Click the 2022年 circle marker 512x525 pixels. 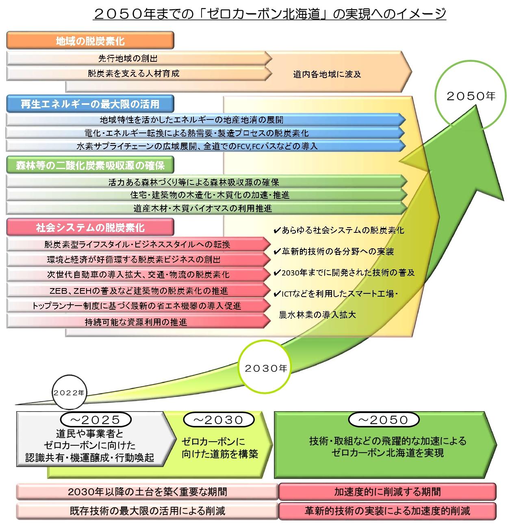[69, 393]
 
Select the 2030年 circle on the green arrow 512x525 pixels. [265, 367]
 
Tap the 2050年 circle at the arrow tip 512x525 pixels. [471, 96]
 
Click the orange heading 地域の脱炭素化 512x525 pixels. [90, 41]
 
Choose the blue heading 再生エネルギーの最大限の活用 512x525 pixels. [90, 104]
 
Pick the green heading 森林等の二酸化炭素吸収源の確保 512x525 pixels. [90, 165]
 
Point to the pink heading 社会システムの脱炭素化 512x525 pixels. [90, 227]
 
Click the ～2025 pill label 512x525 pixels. [96, 420]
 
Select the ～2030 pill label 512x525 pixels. [219, 420]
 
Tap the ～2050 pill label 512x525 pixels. [384, 420]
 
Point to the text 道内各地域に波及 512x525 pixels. [327, 74]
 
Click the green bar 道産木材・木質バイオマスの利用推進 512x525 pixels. [203, 208]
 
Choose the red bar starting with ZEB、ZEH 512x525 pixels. [138, 291]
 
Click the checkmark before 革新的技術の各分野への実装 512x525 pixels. [277, 252]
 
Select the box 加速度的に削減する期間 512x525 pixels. [387, 492]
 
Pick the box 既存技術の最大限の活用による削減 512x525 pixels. [147, 511]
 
